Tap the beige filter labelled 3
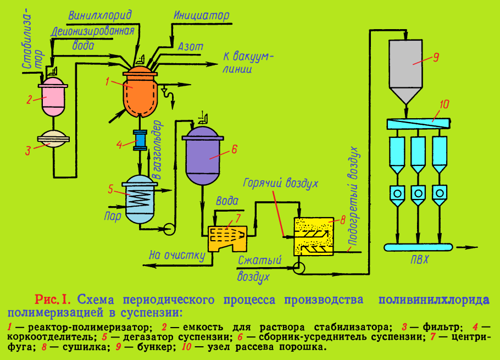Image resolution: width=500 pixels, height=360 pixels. click(x=53, y=142)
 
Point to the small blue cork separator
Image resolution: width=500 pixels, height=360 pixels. click(x=140, y=140)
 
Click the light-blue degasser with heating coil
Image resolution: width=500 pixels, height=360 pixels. click(x=140, y=197)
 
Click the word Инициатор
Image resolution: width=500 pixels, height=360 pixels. click(x=201, y=15)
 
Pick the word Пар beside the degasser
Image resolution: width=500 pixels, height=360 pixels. click(x=112, y=217)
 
